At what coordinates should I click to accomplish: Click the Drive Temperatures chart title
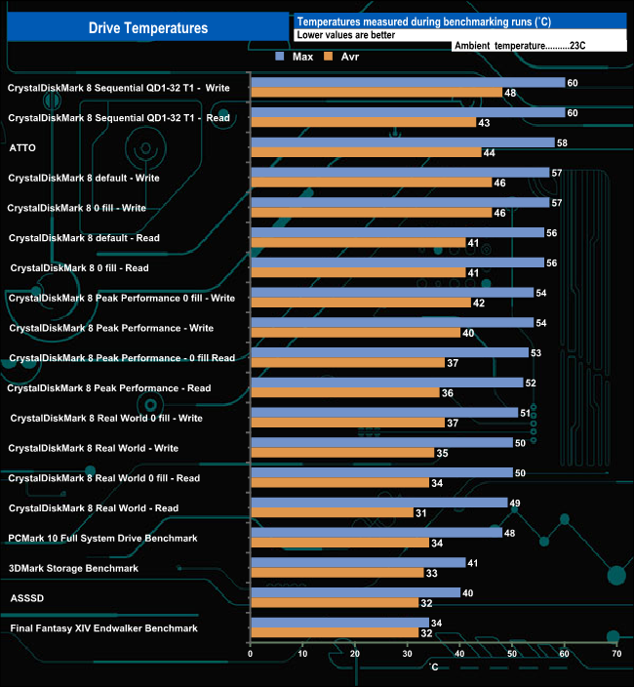(147, 28)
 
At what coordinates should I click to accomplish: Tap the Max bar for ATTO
(402, 142)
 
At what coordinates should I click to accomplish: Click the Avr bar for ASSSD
(335, 602)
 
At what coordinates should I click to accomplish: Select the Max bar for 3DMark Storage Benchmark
(357, 562)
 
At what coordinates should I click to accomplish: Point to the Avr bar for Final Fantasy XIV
(335, 632)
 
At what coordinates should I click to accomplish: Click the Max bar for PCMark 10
(376, 533)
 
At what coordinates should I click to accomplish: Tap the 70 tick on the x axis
(615, 654)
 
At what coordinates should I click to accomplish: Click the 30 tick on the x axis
(407, 654)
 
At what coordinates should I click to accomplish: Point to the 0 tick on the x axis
(251, 654)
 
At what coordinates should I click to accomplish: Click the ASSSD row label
(25, 598)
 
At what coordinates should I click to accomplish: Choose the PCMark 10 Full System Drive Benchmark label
(102, 538)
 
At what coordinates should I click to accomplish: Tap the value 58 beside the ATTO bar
(563, 142)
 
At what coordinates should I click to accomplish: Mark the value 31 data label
(421, 512)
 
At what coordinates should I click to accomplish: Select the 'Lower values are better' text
(345, 34)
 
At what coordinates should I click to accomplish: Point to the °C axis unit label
(434, 667)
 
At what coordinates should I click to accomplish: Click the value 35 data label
(442, 453)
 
